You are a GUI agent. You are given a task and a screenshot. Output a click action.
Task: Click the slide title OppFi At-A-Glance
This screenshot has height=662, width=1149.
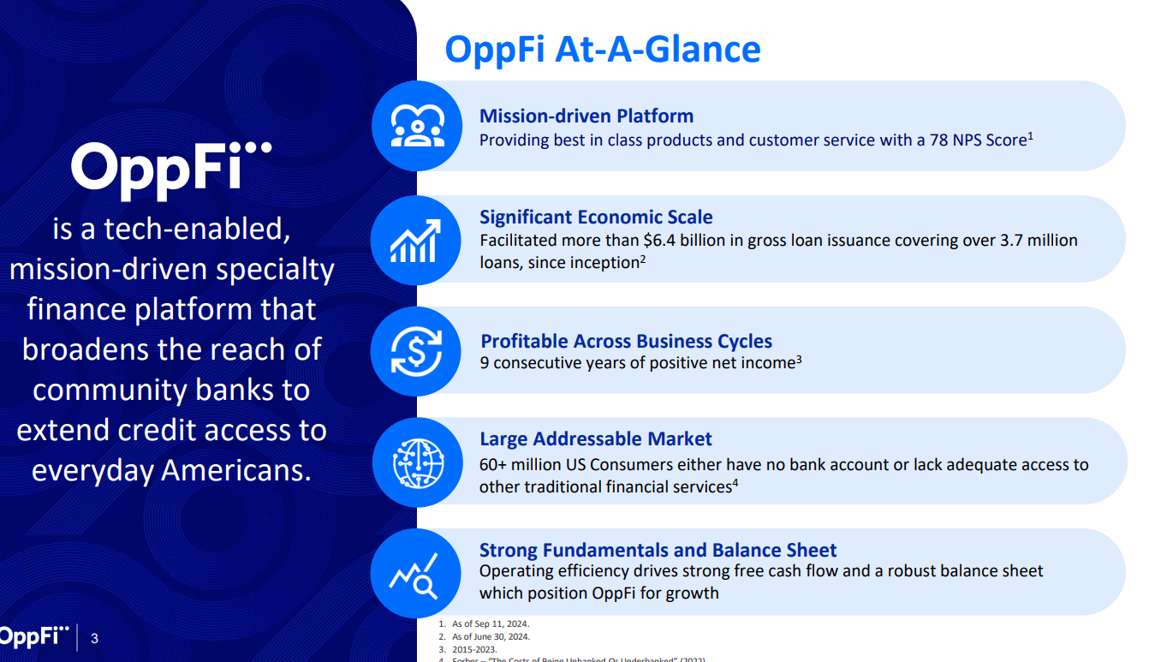point(602,49)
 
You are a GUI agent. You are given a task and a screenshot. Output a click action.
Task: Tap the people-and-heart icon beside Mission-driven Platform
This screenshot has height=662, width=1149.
point(417,126)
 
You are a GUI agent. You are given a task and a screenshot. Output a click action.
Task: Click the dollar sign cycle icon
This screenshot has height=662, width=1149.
point(417,351)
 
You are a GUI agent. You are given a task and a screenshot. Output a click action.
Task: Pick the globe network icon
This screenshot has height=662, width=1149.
point(417,462)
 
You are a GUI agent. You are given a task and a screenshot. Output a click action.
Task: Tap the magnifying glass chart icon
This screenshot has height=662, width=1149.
point(415,575)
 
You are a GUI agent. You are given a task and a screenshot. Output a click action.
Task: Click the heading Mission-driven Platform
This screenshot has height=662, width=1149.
point(586,116)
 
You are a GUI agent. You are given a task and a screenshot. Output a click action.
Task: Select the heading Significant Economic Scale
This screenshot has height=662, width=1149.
point(596,217)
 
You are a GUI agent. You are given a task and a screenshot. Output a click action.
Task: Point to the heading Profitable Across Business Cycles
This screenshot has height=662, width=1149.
point(626,342)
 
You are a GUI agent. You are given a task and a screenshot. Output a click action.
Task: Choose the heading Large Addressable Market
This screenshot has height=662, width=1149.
point(595,439)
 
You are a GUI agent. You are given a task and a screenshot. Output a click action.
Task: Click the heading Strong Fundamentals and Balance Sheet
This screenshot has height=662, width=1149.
point(658,550)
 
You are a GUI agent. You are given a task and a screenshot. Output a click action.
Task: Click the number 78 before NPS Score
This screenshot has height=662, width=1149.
point(938,140)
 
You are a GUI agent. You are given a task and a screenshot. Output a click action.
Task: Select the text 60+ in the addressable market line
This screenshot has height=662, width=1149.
point(493,465)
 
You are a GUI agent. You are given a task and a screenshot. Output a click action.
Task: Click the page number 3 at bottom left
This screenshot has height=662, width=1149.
point(94,638)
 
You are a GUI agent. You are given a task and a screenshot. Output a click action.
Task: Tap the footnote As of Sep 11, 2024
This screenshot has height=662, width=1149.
point(490,624)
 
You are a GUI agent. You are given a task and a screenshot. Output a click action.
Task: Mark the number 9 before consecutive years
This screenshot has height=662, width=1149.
point(485,363)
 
